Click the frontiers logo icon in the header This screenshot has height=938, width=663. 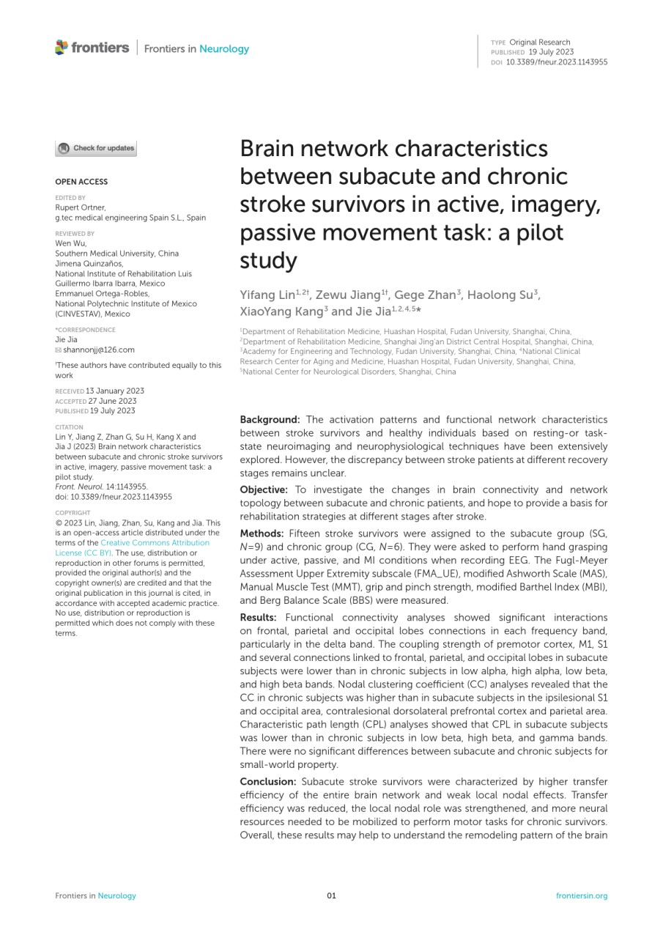pyautogui.click(x=62, y=48)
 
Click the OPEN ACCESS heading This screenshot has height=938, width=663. pyautogui.click(x=81, y=182)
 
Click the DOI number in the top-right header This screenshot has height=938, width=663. pyautogui.click(x=557, y=62)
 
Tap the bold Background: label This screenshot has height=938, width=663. pyautogui.click(x=270, y=420)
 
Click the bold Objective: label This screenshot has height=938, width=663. pyautogui.click(x=264, y=490)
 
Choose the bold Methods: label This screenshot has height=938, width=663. pyautogui.click(x=262, y=533)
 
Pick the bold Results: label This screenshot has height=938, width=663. pyautogui.click(x=261, y=618)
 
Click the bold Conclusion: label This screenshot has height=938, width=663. pyautogui.click(x=269, y=782)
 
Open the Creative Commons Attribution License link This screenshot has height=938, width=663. pyautogui.click(x=154, y=543)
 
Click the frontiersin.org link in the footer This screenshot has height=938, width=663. pyautogui.click(x=582, y=895)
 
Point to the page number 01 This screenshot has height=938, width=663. pyautogui.click(x=331, y=895)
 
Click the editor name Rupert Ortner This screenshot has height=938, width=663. pyautogui.click(x=81, y=207)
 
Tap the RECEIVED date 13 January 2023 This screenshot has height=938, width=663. pyautogui.click(x=115, y=391)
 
